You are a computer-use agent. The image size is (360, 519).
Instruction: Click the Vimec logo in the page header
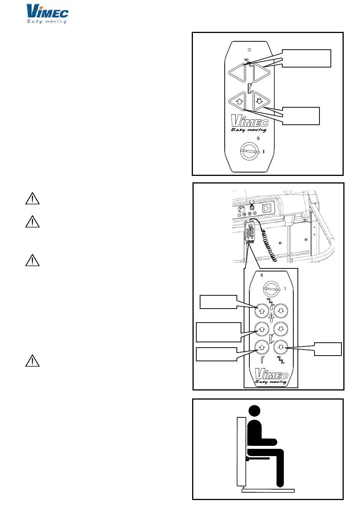(47, 14)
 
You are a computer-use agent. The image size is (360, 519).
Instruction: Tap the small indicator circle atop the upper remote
(249, 49)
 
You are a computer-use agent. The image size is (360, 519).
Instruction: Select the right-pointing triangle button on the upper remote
(261, 72)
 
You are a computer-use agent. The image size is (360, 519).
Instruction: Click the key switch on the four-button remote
(249, 152)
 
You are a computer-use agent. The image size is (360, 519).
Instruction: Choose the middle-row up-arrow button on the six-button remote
(262, 329)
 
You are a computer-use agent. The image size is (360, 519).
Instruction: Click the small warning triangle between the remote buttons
(271, 315)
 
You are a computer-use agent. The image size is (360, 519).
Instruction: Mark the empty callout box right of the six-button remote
(328, 349)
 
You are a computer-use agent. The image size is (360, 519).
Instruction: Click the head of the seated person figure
(254, 411)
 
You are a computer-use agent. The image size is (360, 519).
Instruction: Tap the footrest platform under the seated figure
(268, 491)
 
